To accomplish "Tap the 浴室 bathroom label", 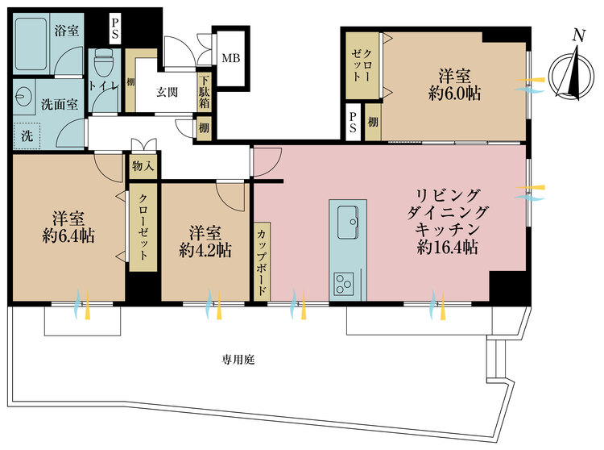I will pos(65,32).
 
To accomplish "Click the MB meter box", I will pos(230,58).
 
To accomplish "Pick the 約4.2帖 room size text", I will pos(206,250).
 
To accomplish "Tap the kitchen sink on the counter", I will pos(348,219).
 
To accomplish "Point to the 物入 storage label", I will pos(144,167).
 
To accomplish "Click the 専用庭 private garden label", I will pos(239,358).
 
